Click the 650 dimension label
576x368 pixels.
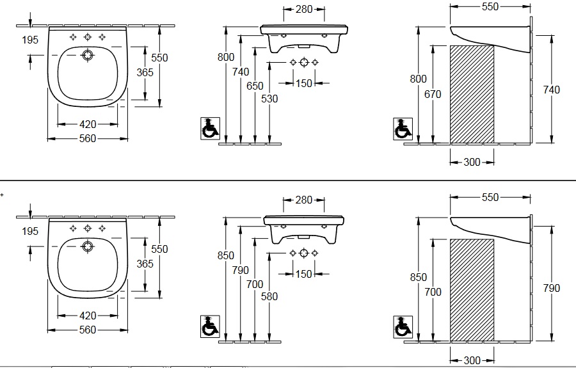click(x=255, y=86)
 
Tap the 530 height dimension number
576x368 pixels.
click(x=269, y=99)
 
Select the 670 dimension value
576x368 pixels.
click(x=433, y=94)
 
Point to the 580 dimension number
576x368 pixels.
click(x=269, y=296)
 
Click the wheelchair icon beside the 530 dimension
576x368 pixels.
click(x=210, y=129)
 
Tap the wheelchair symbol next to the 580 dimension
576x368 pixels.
click(x=210, y=326)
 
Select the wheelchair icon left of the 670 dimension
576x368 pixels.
click(x=403, y=129)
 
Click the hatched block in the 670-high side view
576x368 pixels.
click(x=472, y=94)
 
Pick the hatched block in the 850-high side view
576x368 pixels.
click(x=472, y=290)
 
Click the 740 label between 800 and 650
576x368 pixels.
click(x=241, y=72)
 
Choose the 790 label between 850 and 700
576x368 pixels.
click(x=240, y=270)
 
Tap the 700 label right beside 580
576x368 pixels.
click(x=255, y=284)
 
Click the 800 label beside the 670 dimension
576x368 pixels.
click(x=419, y=79)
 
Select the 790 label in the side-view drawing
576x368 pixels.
click(x=552, y=288)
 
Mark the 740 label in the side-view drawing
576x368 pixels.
click(x=552, y=90)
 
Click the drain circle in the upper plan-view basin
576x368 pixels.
click(x=88, y=55)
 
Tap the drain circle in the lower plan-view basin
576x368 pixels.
click(x=88, y=246)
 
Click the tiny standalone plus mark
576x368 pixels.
click(x=2, y=195)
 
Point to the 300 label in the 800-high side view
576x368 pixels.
click(x=472, y=162)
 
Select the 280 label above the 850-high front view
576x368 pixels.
click(x=304, y=200)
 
